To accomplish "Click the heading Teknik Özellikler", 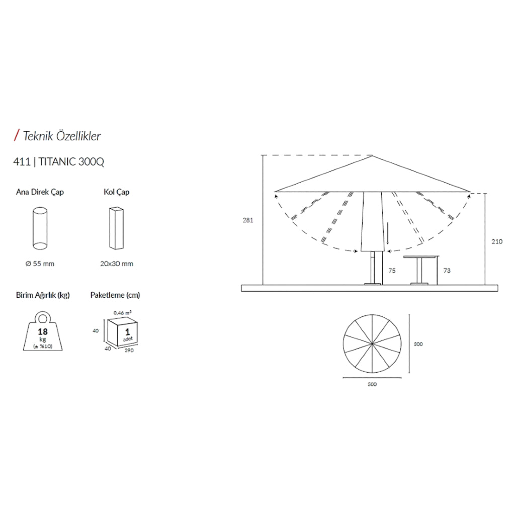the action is [x=62, y=136].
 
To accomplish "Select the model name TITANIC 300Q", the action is [x=71, y=162].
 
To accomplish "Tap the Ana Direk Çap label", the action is [x=40, y=192].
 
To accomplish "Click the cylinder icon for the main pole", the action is [x=40, y=228].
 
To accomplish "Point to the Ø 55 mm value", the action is [x=40, y=264].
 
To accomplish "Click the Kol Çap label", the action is [x=117, y=192].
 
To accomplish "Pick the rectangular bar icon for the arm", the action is [x=116, y=228].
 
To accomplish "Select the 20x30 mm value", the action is [x=117, y=264].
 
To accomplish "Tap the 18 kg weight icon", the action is [x=43, y=331].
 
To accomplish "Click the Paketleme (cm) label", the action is [x=115, y=295].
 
